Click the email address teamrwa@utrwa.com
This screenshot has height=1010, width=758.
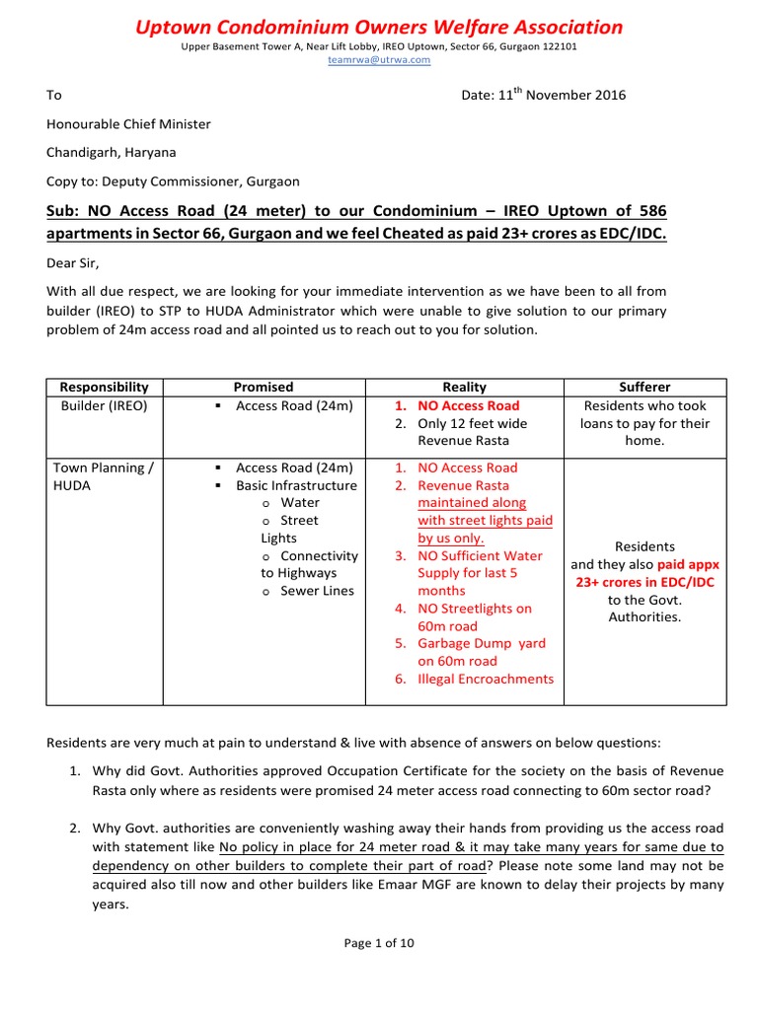click(379, 60)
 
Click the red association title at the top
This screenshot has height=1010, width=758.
click(379, 27)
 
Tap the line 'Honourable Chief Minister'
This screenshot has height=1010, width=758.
click(128, 124)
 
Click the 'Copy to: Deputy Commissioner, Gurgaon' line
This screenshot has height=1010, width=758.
click(173, 181)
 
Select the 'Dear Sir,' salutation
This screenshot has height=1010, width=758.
click(74, 262)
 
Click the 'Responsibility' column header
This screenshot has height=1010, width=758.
click(105, 388)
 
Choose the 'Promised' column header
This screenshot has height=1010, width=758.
click(263, 388)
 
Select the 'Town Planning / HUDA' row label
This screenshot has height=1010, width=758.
click(102, 476)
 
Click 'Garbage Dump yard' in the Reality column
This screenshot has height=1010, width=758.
click(476, 643)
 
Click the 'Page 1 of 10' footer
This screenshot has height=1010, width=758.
click(379, 943)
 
